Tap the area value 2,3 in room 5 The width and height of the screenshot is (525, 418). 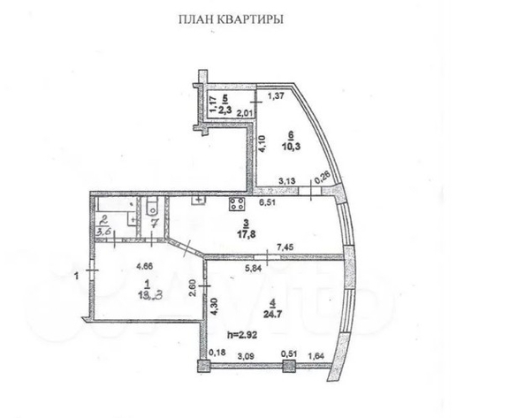click(x=224, y=111)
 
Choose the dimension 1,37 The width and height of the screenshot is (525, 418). click(x=277, y=94)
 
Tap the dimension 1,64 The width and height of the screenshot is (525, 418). click(x=314, y=356)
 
